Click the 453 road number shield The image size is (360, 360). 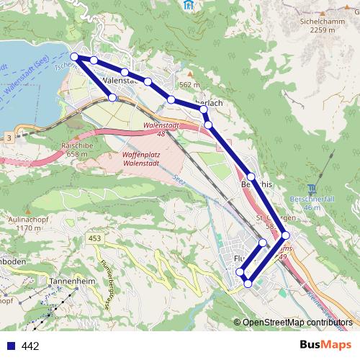(95, 238)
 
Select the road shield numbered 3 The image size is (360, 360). (8, 137)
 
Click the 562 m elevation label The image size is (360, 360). (189, 85)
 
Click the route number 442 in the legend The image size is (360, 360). (30, 346)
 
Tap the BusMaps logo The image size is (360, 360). (321, 344)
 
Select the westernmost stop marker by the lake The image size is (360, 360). (76, 57)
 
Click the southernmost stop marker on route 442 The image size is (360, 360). (248, 284)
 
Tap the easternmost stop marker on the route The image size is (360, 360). (285, 235)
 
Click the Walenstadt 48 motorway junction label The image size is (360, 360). (161, 129)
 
